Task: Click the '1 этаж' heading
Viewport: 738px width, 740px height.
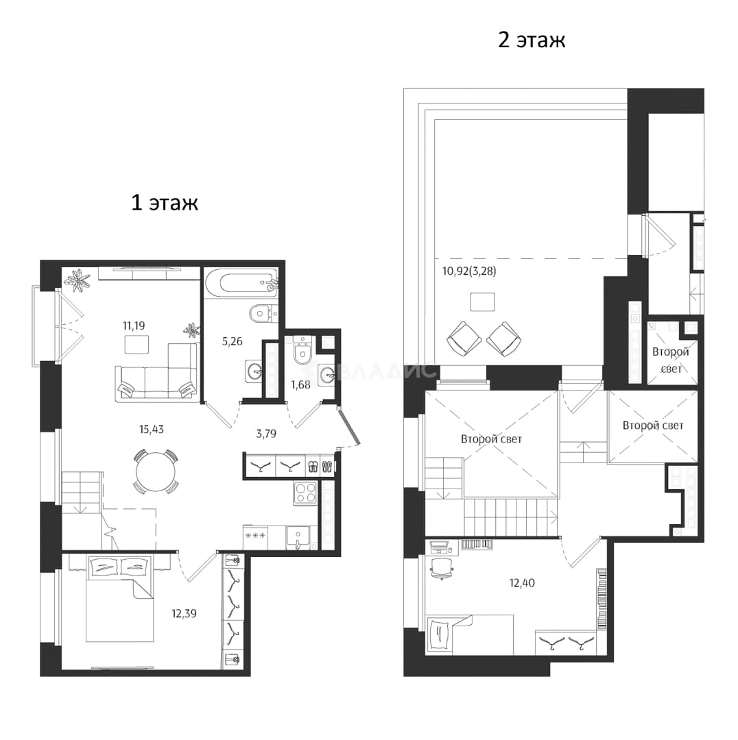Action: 165,203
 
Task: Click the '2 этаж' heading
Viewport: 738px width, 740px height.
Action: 532,40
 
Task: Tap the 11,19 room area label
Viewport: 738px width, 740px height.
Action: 134,325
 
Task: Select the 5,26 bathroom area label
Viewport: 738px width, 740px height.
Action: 232,341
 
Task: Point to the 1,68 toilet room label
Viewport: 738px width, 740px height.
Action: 300,384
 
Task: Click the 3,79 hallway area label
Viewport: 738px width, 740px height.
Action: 266,433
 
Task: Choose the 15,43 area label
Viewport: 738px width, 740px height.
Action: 151,430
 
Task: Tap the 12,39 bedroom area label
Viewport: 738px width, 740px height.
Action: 184,613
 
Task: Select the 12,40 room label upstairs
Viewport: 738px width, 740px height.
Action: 522,583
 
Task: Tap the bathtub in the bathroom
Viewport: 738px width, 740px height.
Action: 241,284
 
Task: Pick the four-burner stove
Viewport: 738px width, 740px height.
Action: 305,493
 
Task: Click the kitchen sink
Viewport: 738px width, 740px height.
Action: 298,537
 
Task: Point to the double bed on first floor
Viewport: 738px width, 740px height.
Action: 119,598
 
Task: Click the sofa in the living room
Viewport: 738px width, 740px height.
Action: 157,373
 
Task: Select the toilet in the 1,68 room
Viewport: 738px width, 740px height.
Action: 300,351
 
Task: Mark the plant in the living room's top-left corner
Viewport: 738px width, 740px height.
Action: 77,282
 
